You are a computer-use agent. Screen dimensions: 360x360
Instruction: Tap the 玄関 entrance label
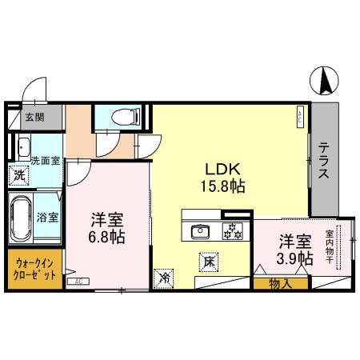(34, 117)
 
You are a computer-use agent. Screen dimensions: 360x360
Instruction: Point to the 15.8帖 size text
(224, 186)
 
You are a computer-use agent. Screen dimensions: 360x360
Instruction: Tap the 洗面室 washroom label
(45, 159)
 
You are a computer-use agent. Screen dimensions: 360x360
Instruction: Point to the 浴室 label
(46, 217)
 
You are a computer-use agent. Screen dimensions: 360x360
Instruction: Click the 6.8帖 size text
(106, 238)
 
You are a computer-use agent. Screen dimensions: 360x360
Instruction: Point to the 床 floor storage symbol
(207, 260)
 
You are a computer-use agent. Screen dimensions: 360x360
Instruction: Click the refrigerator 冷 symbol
(163, 279)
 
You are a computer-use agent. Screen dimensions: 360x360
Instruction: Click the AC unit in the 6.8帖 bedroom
(78, 282)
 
